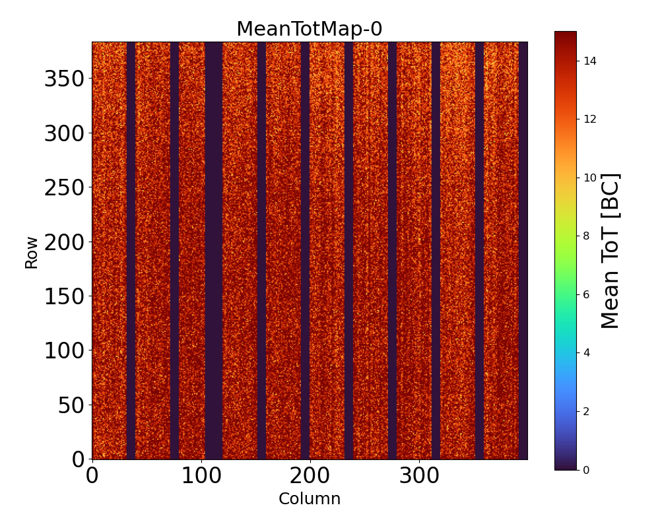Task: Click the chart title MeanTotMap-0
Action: coord(310,30)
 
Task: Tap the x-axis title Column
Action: coord(310,499)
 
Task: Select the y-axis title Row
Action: coord(32,251)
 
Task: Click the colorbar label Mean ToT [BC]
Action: coord(610,251)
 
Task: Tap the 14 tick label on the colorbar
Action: coord(589,61)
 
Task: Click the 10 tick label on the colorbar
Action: coord(589,178)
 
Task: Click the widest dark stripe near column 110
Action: coord(213,251)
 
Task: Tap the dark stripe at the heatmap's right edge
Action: coord(523,251)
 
